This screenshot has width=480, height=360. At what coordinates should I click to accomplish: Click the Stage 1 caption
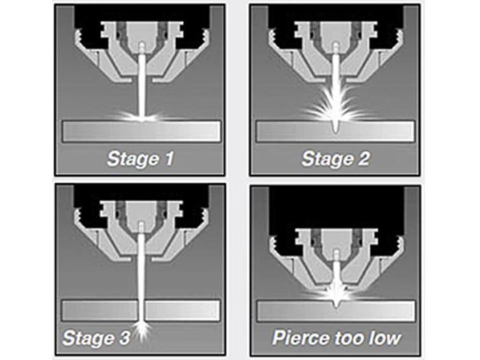pos(141,159)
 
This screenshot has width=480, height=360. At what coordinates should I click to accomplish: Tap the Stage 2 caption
pos(335,159)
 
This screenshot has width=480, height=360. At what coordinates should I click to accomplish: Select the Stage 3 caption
pos(96,337)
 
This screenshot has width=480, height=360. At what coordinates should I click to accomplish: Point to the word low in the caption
pos(385,337)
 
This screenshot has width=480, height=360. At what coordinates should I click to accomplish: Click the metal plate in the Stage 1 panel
pos(141,132)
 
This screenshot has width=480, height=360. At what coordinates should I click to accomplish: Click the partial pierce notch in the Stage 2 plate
pos(335,128)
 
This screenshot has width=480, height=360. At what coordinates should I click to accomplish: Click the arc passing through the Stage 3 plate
pos(141,311)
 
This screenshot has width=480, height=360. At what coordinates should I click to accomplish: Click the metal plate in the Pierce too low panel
pos(336,311)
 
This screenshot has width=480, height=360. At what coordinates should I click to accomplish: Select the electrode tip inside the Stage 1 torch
pos(141,47)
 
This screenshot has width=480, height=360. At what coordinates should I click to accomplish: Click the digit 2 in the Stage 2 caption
pos(363,159)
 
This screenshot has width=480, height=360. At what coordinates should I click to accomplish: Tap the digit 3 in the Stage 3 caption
pos(124,337)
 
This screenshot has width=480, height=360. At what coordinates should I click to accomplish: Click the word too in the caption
pos(349,338)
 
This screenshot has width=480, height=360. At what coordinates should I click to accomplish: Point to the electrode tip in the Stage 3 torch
pos(141,227)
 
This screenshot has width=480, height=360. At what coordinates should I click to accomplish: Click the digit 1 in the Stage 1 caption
pos(169,159)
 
